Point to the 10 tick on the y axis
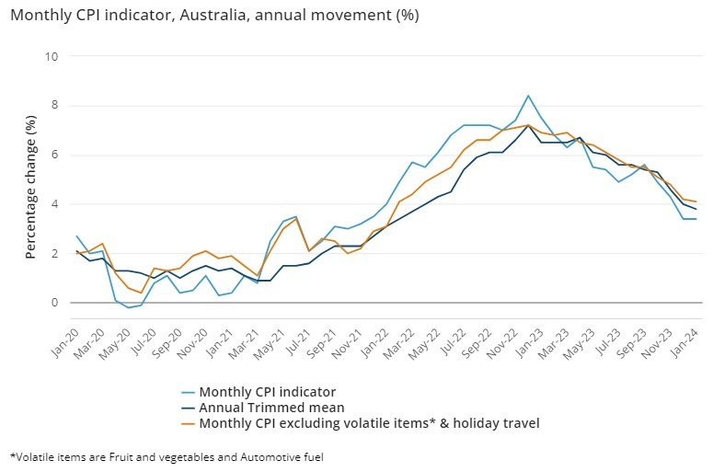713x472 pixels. (x=52, y=56)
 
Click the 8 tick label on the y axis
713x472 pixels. (x=54, y=106)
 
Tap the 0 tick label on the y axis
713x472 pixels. (x=54, y=303)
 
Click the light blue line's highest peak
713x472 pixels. (x=528, y=96)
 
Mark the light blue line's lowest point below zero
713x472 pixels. (x=128, y=307)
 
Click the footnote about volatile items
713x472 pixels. (x=167, y=455)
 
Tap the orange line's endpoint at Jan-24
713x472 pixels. (x=696, y=201)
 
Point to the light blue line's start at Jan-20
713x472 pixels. (x=76, y=236)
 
